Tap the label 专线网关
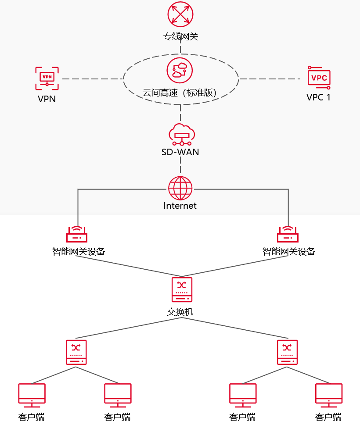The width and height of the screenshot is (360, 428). coord(180,36)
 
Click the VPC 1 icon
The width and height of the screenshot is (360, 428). coord(319,78)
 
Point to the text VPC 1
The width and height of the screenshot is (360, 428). coord(318,97)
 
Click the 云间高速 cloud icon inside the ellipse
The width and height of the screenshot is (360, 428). coord(180,70)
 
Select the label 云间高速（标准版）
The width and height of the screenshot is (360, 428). coord(180,93)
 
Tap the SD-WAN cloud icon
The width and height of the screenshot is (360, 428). coord(180,134)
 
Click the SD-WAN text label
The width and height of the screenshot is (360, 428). coord(180,152)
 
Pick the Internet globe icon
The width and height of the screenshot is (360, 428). coord(180,189)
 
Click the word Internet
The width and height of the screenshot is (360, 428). coord(180,206)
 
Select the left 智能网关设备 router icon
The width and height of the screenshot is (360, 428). coord(77,235)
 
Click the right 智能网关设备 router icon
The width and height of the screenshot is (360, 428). coord(288,235)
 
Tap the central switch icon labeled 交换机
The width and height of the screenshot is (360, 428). coord(182,289)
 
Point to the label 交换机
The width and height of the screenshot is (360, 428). coord(180,312)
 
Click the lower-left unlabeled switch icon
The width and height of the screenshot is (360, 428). coord(76,352)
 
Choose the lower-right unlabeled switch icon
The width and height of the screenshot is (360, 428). coord(287,352)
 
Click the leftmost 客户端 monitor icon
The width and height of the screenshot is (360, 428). coord(32,394)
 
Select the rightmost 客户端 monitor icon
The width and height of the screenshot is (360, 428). coord(329,394)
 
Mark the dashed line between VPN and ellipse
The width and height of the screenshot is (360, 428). coord(92,79)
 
